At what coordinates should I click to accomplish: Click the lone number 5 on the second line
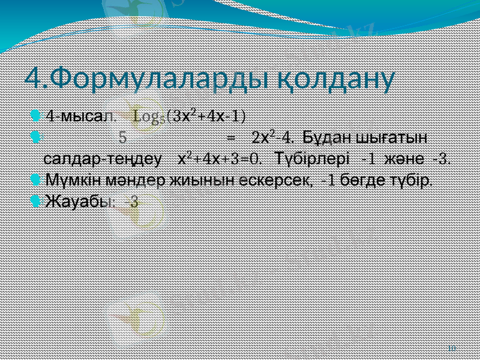coord(122,137)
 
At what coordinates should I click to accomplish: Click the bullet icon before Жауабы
coord(35,201)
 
